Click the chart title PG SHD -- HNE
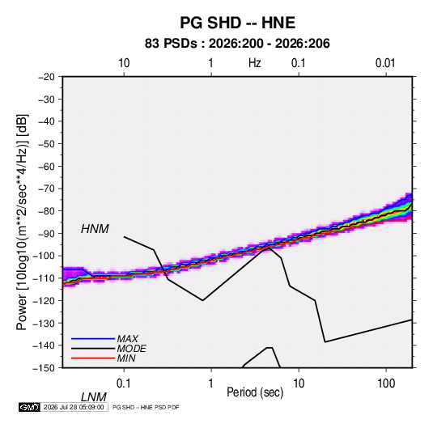(237, 23)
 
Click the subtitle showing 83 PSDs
(237, 44)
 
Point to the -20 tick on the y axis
(46, 77)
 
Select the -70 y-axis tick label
(46, 189)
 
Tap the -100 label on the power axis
(44, 256)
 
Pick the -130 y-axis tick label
(44, 323)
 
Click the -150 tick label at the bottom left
(44, 368)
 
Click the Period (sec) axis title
(255, 392)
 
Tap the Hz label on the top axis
(255, 63)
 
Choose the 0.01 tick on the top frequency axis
(385, 63)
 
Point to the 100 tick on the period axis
(386, 384)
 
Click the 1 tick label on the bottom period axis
(211, 384)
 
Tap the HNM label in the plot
(95, 229)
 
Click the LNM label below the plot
(94, 397)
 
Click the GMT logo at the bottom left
(30, 407)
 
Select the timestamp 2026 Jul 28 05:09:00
(74, 407)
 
